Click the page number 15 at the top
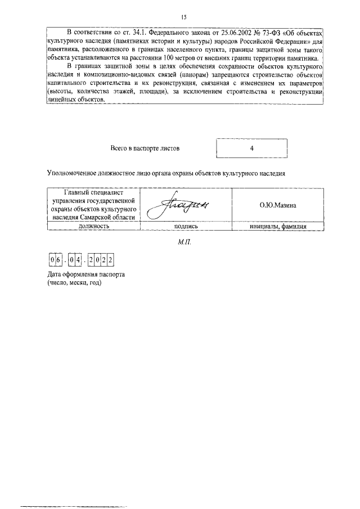183,17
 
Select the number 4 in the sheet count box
251,148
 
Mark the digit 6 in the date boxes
58,260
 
